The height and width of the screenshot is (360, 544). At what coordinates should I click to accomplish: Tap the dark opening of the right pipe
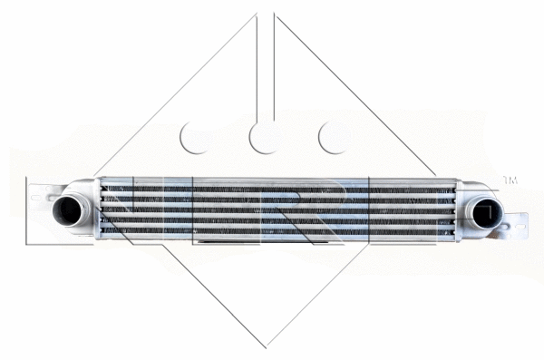click(486, 214)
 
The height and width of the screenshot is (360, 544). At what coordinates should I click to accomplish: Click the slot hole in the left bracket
click(37, 193)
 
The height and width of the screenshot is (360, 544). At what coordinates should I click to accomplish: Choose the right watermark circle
click(335, 138)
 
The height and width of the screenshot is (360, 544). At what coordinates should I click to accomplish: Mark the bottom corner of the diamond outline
click(267, 345)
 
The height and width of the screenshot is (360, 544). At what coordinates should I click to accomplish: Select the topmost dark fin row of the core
click(272, 189)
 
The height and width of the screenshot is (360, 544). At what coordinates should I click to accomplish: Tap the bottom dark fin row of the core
click(272, 234)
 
